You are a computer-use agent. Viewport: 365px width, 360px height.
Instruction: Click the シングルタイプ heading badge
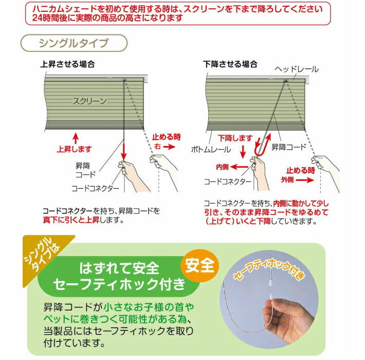[x=74, y=43]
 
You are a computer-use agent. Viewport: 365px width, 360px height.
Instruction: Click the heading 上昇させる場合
[x=67, y=65]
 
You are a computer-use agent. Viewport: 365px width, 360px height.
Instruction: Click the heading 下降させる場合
[x=230, y=65]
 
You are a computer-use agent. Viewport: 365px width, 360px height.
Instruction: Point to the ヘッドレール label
[x=297, y=69]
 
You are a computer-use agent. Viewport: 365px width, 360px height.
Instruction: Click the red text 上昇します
[x=74, y=149]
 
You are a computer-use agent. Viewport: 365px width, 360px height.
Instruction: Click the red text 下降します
[x=235, y=138]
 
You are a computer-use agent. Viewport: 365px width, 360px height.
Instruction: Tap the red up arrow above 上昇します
[x=75, y=137]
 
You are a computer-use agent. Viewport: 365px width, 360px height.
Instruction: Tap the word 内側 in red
[x=222, y=167]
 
